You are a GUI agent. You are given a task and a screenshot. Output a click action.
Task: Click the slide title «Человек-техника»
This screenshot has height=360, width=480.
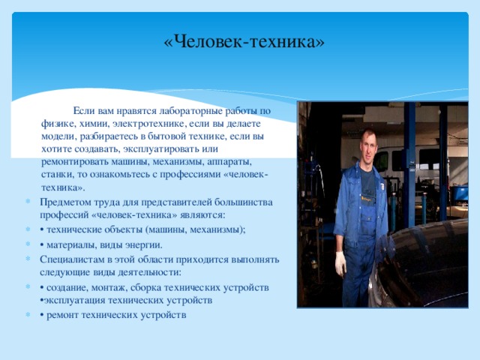coord(244,42)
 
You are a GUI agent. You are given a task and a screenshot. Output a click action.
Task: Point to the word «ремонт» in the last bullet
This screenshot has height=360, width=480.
coord(63,314)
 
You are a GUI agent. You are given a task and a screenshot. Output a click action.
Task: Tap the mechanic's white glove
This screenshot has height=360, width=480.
coord(340,262)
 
